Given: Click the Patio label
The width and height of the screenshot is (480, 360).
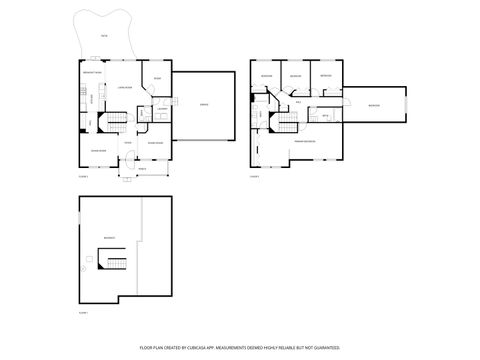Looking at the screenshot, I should (104, 36).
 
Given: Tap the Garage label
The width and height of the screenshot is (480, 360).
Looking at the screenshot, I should (205, 104).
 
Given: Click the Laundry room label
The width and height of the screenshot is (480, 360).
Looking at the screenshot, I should (161, 109).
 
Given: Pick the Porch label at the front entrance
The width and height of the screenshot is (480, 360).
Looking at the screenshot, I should (141, 167).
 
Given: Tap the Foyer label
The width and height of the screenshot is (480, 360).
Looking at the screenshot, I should (127, 143).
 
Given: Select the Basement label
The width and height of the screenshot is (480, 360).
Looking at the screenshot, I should (107, 237).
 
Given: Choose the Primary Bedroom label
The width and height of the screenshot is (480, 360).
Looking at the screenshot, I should (305, 142).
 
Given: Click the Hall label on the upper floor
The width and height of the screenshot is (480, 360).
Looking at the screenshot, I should (297, 101).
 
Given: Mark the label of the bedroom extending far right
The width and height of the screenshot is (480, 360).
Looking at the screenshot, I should (374, 105).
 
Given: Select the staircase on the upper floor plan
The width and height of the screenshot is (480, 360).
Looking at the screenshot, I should (287, 122).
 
